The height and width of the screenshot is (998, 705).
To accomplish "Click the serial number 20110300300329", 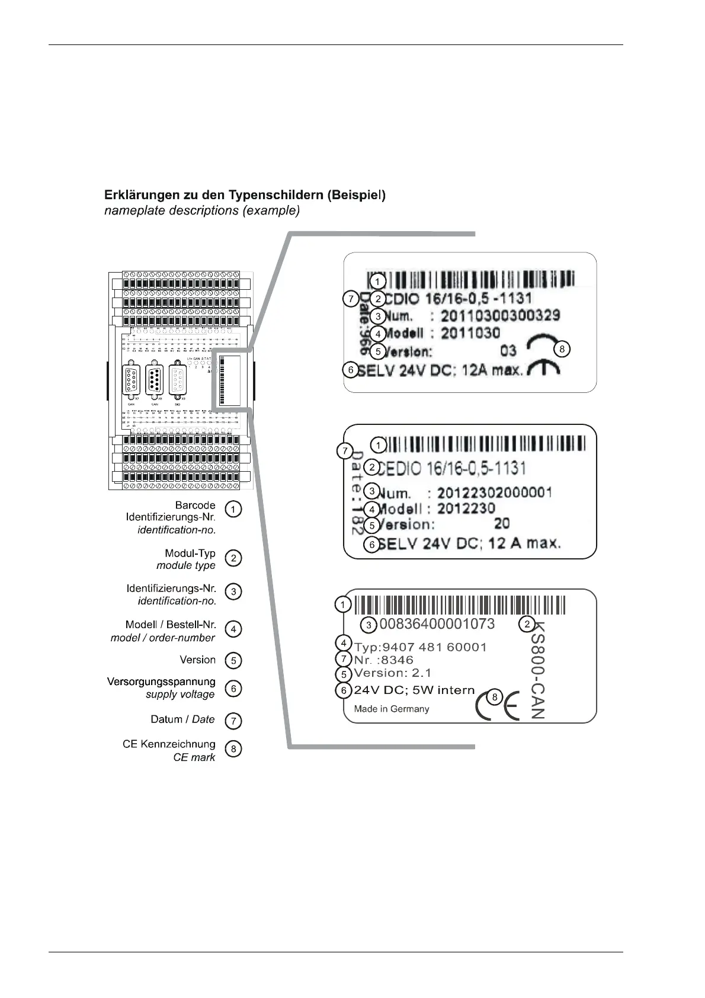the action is [x=500, y=315].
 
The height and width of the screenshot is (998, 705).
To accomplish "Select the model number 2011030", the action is [x=470, y=333].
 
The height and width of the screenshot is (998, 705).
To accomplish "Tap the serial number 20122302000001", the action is [x=494, y=492].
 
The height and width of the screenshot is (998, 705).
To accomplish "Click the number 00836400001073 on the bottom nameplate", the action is [x=437, y=623].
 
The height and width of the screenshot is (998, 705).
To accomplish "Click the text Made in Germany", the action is [x=391, y=709].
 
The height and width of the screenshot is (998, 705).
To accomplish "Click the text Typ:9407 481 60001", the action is [x=420, y=647].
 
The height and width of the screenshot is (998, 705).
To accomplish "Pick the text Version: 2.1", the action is [x=392, y=673].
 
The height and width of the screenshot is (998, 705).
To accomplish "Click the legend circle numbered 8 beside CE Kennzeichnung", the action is [x=234, y=749].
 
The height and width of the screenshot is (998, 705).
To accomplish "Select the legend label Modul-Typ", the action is [x=190, y=554].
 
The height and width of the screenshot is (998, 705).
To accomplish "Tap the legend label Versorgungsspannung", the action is [x=161, y=682].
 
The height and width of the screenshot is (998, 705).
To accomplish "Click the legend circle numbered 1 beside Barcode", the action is [x=234, y=509].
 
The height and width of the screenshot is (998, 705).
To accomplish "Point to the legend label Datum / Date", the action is [x=182, y=719].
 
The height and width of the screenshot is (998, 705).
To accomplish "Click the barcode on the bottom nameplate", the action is [x=460, y=605].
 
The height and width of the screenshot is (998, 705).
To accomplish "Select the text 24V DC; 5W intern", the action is [x=414, y=690].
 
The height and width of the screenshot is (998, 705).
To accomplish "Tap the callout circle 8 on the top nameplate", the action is [x=562, y=349].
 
